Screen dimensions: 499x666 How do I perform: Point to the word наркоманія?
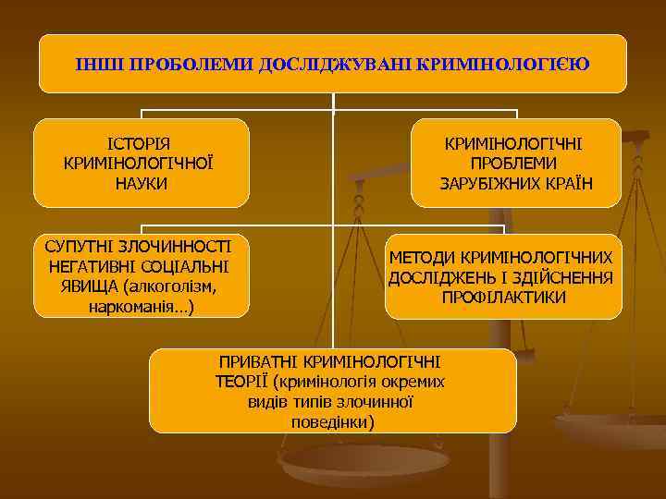[x=134, y=306]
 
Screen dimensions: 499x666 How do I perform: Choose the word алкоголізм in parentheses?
[x=173, y=286]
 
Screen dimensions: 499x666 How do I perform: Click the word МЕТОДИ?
[x=421, y=257]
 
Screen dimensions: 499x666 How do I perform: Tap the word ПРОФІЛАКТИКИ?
[x=503, y=298]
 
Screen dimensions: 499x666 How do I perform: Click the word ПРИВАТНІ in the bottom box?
[x=257, y=361]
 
